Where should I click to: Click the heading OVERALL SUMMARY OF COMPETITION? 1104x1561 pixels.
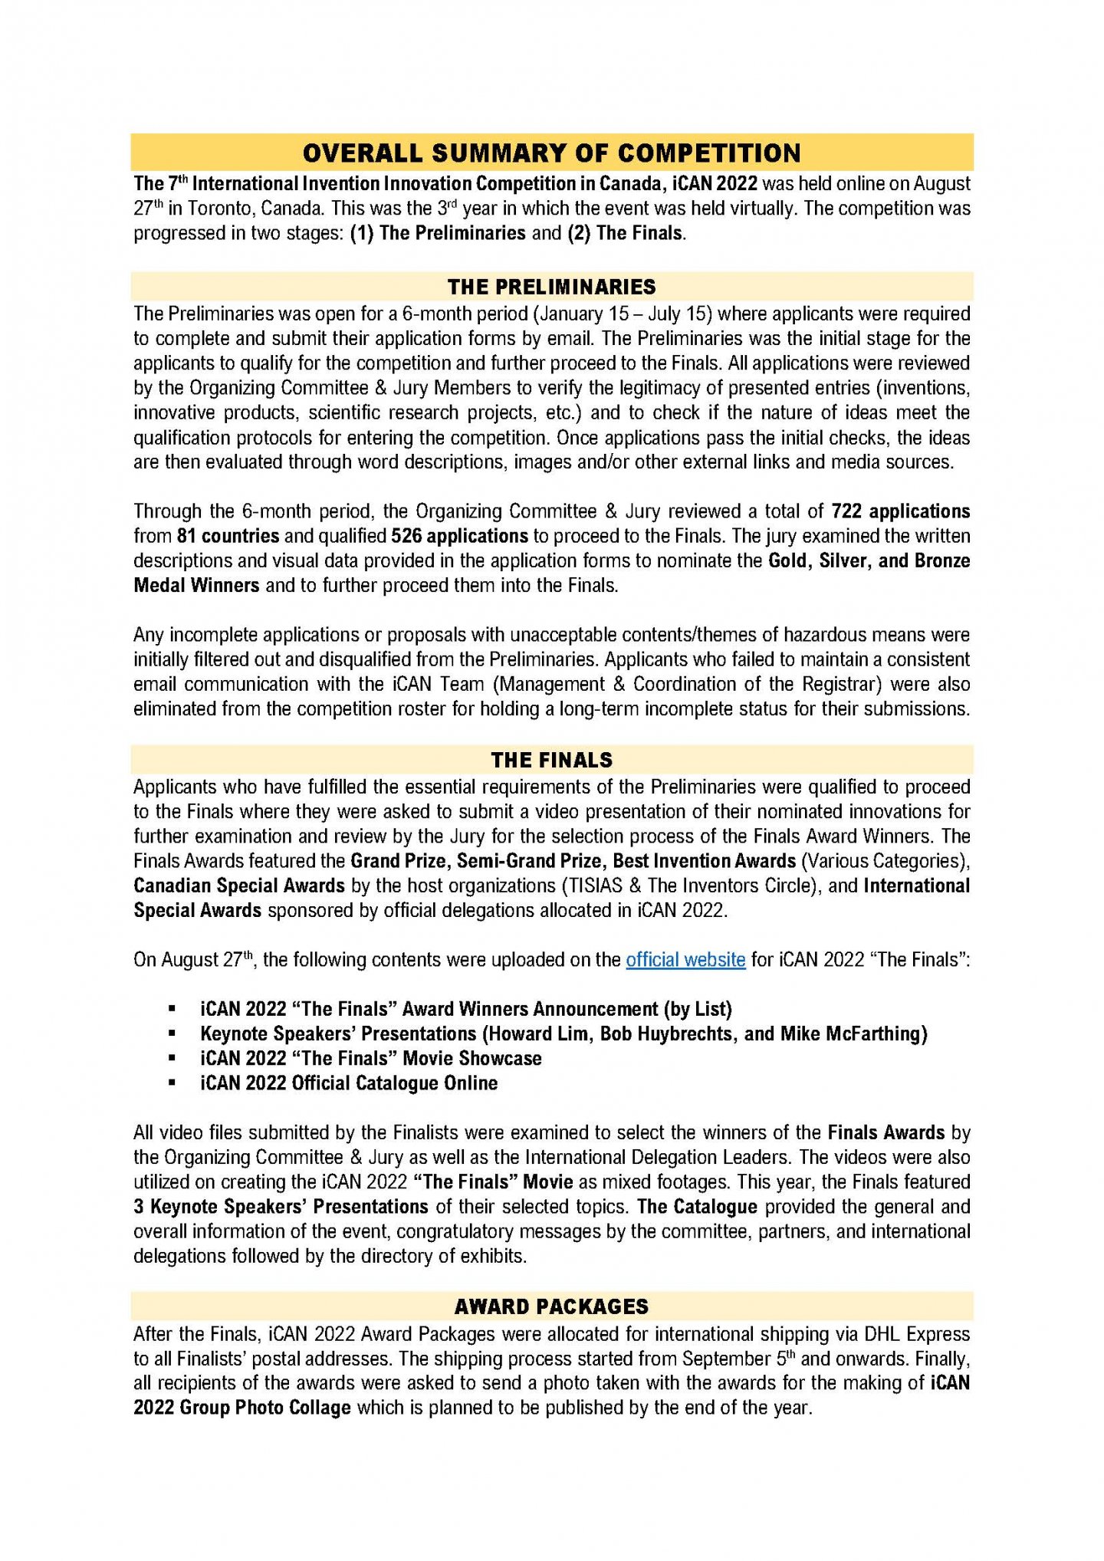(551, 153)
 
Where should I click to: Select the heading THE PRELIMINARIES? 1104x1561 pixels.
(551, 287)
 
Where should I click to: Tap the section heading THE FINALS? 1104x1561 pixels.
(551, 760)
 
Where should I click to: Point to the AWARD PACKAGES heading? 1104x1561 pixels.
(551, 1306)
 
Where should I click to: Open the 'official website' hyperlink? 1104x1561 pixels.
(685, 960)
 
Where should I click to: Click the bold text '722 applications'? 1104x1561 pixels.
(901, 511)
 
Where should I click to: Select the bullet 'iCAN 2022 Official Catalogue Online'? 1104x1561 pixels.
(349, 1083)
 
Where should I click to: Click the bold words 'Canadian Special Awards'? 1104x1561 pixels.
(239, 886)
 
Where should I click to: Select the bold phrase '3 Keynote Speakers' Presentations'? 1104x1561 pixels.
(281, 1206)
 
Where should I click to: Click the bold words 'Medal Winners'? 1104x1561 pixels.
(196, 585)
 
